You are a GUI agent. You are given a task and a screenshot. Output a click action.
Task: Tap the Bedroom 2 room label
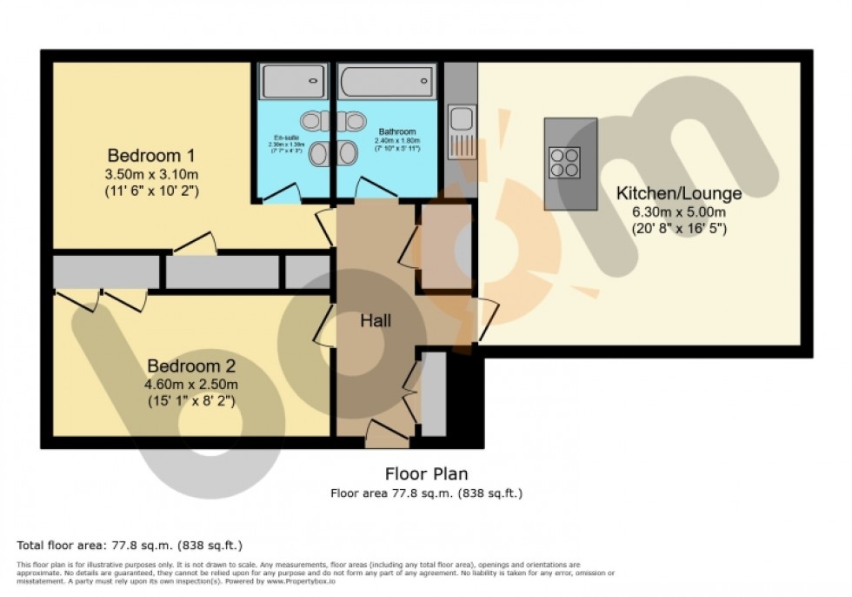point(190,366)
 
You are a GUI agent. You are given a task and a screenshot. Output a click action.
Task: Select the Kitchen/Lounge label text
point(679,193)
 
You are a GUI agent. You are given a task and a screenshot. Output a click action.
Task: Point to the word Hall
point(376,320)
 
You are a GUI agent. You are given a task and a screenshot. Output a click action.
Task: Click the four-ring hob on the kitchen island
point(565,163)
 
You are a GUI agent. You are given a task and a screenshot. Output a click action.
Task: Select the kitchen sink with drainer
point(462,131)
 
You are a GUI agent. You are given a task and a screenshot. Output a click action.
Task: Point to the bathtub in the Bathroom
point(387,82)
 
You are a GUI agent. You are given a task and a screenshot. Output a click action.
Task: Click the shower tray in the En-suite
point(294,82)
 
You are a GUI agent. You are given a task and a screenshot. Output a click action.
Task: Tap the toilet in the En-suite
point(310,119)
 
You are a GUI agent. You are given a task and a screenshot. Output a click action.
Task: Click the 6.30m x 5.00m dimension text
point(679,211)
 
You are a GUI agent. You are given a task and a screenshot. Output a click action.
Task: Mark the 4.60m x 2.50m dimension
point(190,384)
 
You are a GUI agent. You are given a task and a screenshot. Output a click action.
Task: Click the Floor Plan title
point(426,473)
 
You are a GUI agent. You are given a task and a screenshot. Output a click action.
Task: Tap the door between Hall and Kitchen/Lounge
point(485,318)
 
